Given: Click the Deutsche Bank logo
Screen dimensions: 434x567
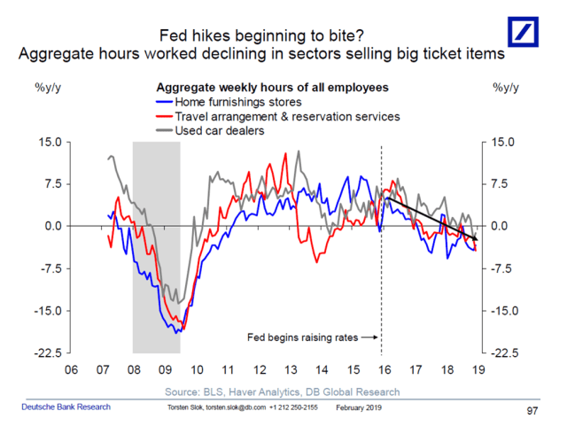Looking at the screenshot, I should (x=528, y=35).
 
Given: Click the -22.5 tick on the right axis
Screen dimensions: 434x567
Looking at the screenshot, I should (x=501, y=353).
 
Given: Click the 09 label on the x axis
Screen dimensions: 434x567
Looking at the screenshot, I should (x=166, y=369).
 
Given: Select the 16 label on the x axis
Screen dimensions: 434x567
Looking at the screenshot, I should (x=382, y=369).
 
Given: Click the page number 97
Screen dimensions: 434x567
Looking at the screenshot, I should (x=532, y=411).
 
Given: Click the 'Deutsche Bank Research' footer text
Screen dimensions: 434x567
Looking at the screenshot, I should (x=66, y=407).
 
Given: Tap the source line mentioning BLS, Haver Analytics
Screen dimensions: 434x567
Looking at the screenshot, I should (x=282, y=391).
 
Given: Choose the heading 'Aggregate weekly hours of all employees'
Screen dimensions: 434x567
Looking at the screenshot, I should (x=272, y=89).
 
